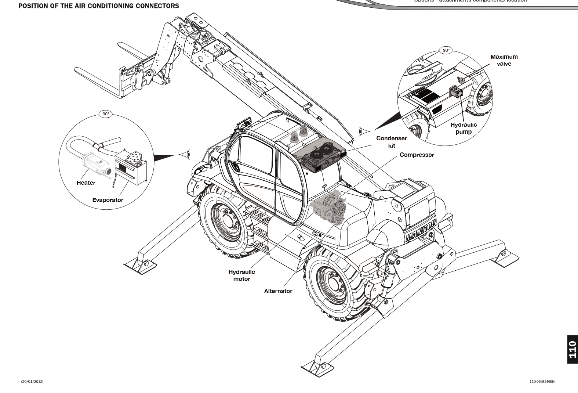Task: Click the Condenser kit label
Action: (392, 142)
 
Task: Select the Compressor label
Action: (417, 155)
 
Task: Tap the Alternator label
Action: (278, 291)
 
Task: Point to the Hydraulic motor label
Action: (241, 275)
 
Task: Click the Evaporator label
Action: (108, 200)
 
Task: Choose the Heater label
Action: (86, 183)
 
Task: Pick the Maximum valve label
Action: (504, 60)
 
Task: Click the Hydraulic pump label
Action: (464, 128)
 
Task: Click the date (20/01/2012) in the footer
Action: (32, 382)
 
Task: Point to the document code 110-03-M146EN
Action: (542, 382)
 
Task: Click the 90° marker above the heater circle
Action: (106, 114)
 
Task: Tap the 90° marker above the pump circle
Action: (446, 50)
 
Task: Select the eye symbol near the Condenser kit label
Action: (363, 131)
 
